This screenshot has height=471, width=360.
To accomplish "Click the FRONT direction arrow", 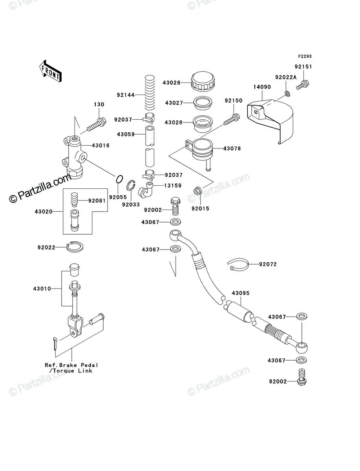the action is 50,71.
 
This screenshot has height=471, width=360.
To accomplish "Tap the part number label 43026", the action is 172,82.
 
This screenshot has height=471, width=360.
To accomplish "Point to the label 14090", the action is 262,87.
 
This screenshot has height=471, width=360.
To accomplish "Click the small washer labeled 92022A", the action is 287,93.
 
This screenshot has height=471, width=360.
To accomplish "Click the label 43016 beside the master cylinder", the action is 101,146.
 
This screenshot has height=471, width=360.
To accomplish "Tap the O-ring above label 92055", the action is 119,179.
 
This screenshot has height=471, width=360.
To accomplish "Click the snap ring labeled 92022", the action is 75,246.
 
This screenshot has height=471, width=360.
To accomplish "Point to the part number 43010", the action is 42,288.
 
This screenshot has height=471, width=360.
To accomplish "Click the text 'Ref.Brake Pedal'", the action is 71,365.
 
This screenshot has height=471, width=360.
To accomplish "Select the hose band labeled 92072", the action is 238,265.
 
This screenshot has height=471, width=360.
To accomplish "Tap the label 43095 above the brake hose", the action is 241,293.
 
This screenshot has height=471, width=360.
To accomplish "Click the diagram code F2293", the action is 305,56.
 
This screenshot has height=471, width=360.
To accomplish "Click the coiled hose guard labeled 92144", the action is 150,93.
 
